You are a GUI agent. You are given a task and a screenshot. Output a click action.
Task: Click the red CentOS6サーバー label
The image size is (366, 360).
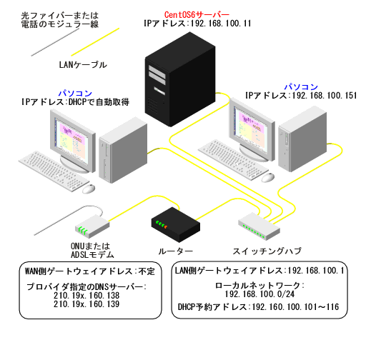197,14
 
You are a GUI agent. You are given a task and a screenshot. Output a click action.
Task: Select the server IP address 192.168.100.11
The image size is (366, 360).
197,24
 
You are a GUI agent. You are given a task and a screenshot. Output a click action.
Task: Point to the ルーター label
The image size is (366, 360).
174,251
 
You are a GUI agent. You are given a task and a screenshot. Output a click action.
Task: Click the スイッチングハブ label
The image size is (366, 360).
267,251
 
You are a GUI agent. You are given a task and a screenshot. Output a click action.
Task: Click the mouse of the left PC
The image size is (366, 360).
88,189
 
